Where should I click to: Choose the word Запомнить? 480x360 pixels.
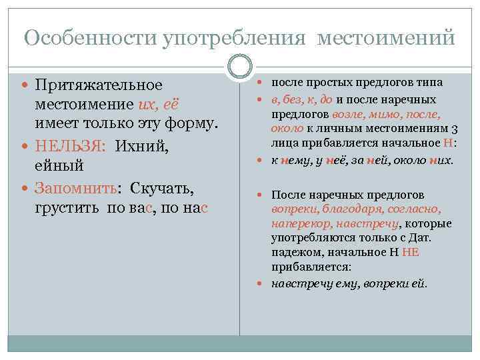tap(75, 188)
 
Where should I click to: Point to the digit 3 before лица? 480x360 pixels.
tap(453, 128)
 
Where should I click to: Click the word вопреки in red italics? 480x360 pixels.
tap(290, 209)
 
